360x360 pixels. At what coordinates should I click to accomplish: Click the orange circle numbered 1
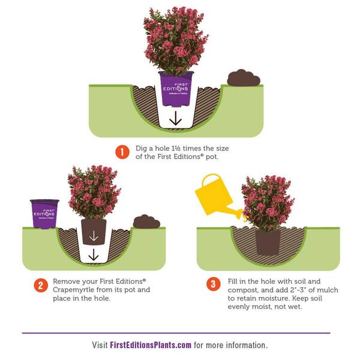[x=122, y=152]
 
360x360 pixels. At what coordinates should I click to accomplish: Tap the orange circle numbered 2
[x=41, y=285]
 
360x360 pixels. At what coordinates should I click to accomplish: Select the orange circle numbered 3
[x=213, y=284]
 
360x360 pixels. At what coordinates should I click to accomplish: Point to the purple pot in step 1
[x=176, y=89]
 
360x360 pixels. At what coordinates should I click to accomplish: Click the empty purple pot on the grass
[x=44, y=214]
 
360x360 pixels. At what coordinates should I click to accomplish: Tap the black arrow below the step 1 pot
[x=176, y=118]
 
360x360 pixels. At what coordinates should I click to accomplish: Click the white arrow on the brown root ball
[x=94, y=236]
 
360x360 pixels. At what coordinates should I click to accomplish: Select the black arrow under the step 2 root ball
[x=93, y=254]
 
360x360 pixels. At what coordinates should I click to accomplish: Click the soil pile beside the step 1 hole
[x=244, y=78]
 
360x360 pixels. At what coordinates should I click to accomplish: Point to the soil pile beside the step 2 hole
[x=146, y=221]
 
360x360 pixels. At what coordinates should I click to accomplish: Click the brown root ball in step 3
[x=268, y=242]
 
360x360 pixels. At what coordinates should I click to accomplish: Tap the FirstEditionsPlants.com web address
[x=151, y=345]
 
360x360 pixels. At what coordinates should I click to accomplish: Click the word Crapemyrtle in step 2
[x=73, y=290]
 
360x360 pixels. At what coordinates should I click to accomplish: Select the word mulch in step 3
[x=327, y=290]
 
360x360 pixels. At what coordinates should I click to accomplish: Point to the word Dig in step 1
[x=141, y=149]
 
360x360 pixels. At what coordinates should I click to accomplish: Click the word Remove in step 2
[x=66, y=281]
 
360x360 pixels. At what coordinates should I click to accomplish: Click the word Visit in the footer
[x=100, y=345]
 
